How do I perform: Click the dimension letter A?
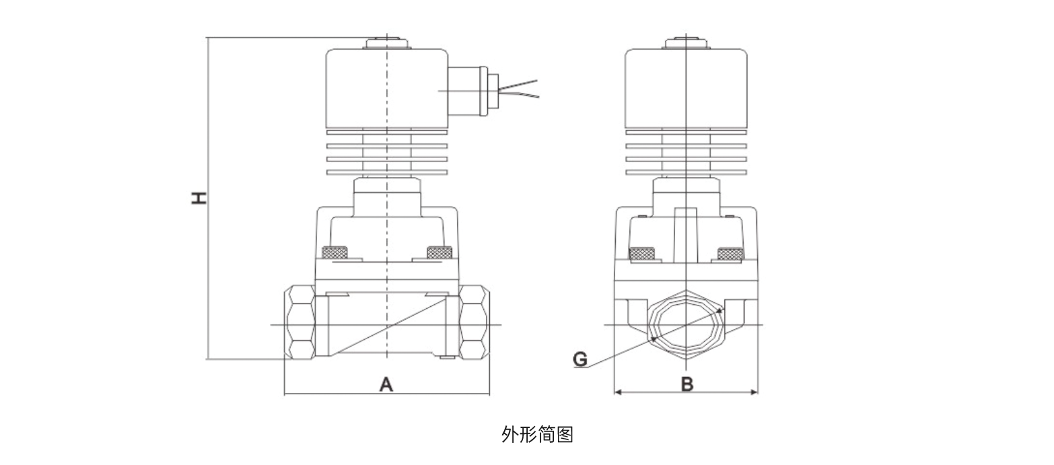[x=386, y=384]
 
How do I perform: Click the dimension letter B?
[x=687, y=384]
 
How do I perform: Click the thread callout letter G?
[x=580, y=359]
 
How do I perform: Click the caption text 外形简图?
[x=537, y=435]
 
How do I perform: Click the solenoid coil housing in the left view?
[x=387, y=89]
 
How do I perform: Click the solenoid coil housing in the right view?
[x=685, y=89]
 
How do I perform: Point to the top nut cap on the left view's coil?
[x=387, y=43]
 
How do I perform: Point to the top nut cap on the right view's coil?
[x=685, y=43]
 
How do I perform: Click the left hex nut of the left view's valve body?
[x=301, y=322]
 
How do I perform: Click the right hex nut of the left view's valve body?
[x=474, y=322]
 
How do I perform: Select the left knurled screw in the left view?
[x=335, y=253]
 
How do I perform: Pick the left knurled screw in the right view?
[x=641, y=254]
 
